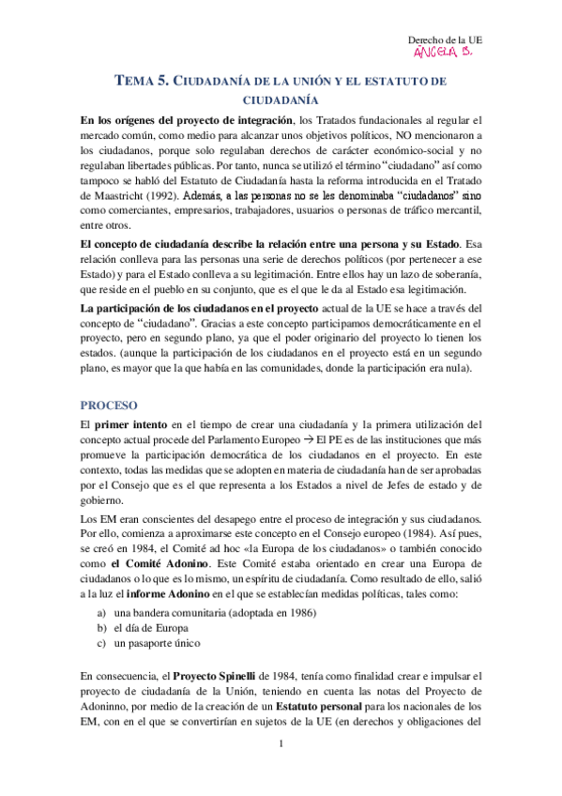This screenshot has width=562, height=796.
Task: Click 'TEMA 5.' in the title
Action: click(x=142, y=82)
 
